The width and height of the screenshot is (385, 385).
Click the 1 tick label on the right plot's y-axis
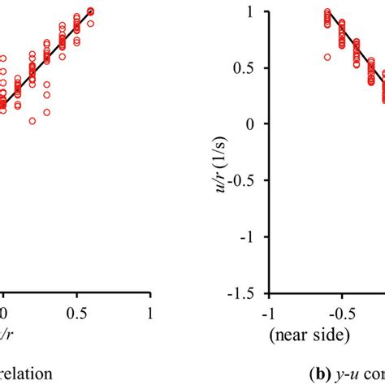257,12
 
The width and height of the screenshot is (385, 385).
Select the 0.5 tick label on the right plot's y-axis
251,68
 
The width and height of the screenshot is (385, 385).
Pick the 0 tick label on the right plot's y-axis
257,124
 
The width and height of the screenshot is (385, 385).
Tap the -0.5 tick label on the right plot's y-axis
249,180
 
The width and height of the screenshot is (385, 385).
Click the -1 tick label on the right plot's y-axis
254,236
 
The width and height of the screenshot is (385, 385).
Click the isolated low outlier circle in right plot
327,57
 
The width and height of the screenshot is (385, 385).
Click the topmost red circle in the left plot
90,11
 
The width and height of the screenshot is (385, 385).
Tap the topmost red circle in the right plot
327,12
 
